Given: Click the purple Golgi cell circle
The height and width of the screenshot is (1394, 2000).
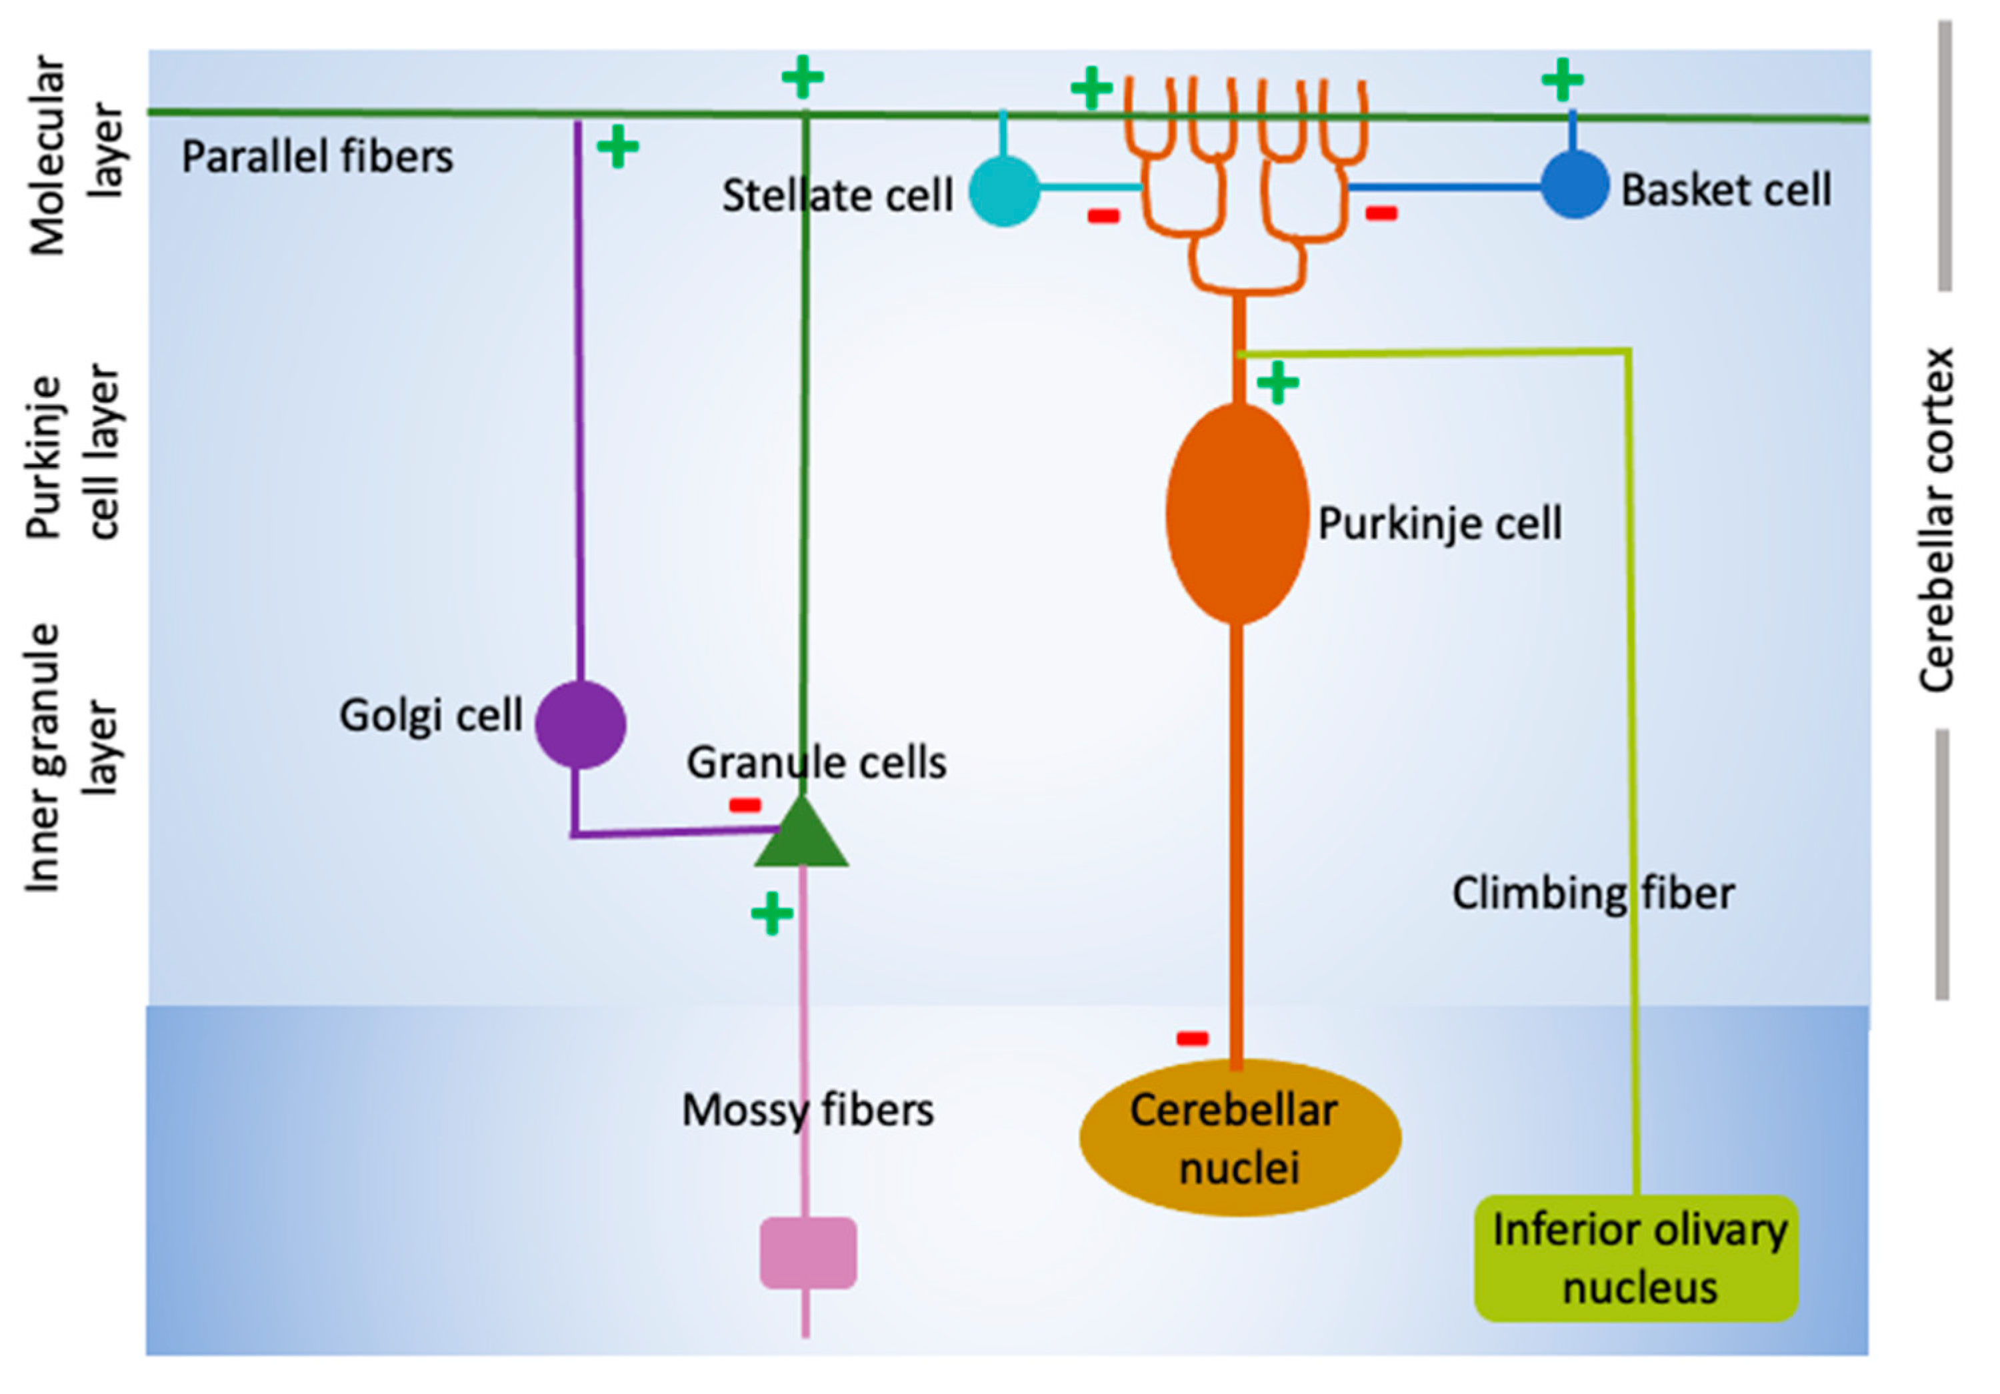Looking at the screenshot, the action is pos(580,724).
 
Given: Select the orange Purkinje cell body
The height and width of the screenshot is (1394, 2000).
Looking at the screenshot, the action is pos(1237,514).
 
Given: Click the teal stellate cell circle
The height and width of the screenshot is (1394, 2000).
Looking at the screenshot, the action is pos(1005,191).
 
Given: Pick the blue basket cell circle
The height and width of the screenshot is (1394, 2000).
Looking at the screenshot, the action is pos(1574,185).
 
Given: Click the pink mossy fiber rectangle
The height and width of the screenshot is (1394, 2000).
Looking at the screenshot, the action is pos(807,1253).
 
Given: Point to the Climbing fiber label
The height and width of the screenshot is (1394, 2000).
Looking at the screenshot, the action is pos(1593,894).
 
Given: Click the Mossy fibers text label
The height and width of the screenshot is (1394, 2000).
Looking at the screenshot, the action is pos(807,1110).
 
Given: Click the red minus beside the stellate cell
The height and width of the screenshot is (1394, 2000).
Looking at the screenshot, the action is pos(1103,216).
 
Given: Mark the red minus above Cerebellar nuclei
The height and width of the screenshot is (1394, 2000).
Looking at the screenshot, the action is pos(1193,1038).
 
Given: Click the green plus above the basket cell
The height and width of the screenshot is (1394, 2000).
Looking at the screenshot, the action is pos(1562,79).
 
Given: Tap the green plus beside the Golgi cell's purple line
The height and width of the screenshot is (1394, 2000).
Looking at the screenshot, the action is pos(617,147).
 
